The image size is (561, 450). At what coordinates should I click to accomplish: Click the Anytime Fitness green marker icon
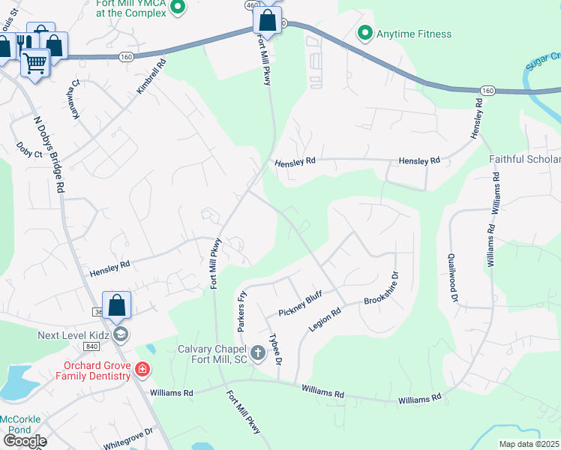point(364,33)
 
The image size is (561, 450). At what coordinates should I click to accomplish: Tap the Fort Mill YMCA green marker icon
point(178,8)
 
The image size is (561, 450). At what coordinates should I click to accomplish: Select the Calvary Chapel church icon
point(257,352)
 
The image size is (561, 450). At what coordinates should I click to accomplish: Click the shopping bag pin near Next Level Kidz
point(116,304)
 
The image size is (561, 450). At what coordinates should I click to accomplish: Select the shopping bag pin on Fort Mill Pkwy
point(266,20)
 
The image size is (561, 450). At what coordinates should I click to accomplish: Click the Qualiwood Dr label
point(454,277)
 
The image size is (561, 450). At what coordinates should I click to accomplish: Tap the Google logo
point(24,440)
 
